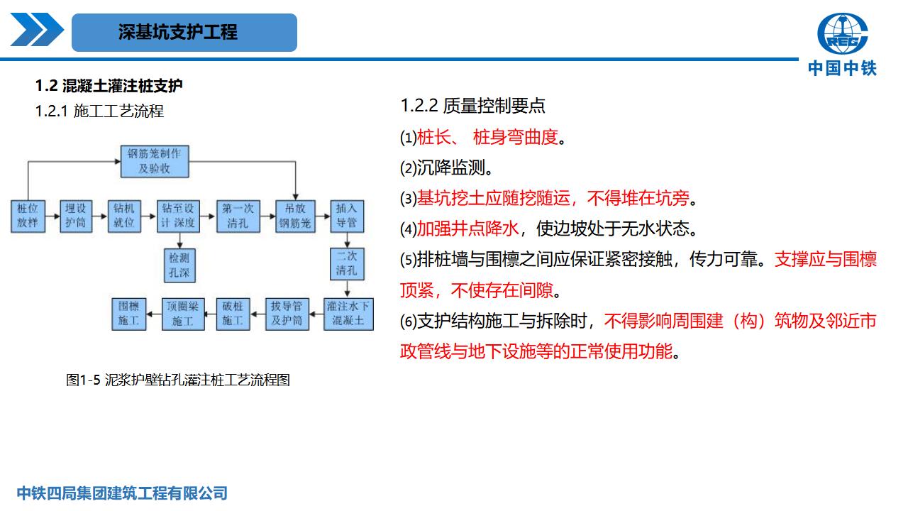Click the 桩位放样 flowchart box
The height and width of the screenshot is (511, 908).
(28, 216)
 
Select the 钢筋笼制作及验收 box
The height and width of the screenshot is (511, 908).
(154, 161)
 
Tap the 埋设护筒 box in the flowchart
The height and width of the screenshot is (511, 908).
(75, 216)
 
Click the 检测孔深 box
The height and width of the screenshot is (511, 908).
(178, 264)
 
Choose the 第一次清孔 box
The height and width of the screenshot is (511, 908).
(237, 216)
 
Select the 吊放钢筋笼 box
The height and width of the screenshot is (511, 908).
(294, 216)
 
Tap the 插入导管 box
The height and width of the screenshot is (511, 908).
(346, 216)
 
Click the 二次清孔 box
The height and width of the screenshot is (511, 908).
(346, 264)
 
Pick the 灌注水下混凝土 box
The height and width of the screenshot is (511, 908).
(348, 313)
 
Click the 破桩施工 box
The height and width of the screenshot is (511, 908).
(232, 313)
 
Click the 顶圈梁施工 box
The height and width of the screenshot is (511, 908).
(182, 313)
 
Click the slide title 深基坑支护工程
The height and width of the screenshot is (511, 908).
(178, 32)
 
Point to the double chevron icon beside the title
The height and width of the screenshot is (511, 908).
(37, 31)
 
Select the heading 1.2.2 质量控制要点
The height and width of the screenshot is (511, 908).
(472, 106)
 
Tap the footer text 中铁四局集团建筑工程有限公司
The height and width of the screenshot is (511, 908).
(122, 493)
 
